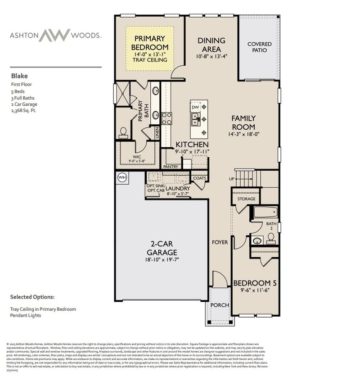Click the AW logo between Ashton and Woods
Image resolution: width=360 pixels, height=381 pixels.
(54, 35)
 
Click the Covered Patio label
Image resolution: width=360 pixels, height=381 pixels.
(260, 47)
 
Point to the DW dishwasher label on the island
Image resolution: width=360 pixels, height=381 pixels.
(195, 108)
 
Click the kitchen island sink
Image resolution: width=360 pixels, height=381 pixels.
(196, 119)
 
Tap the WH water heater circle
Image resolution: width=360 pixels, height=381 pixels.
(122, 177)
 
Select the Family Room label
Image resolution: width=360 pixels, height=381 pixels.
(243, 122)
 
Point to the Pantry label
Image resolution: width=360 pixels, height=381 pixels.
(171, 167)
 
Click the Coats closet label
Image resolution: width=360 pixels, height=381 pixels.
(199, 178)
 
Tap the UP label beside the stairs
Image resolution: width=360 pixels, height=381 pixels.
(232, 179)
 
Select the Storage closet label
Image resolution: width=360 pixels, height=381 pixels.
(246, 199)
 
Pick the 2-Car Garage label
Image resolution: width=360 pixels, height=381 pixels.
(161, 248)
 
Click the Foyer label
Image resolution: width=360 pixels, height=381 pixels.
(220, 242)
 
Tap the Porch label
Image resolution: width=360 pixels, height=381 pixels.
(220, 305)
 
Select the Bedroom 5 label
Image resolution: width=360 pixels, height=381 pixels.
(255, 283)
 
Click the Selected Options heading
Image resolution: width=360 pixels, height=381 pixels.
(32, 297)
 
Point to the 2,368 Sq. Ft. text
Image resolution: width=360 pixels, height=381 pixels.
(23, 110)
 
